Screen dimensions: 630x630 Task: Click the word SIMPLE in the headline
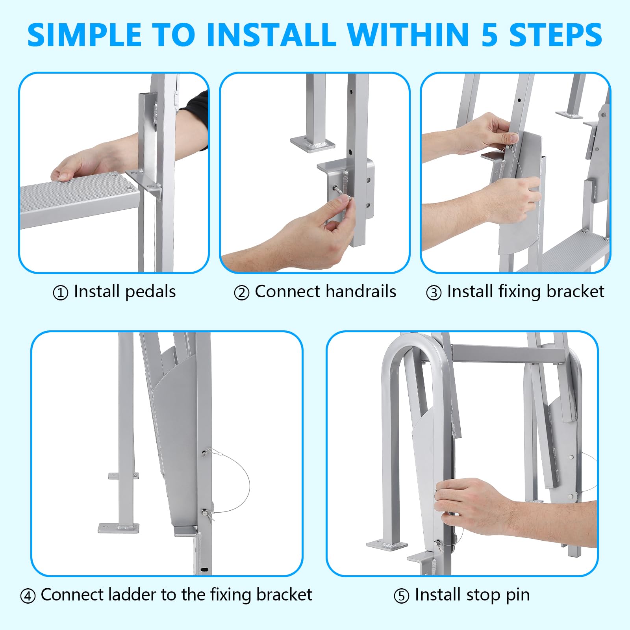coord(85,35)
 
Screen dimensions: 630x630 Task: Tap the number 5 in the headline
coord(490,35)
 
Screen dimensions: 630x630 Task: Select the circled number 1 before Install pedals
coord(61,293)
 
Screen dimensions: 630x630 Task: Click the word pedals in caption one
coord(150,292)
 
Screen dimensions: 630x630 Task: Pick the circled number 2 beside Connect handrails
coord(241,293)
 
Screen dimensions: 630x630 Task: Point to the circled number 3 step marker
coord(434,293)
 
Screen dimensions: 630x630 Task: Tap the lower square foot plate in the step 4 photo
coord(119,528)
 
